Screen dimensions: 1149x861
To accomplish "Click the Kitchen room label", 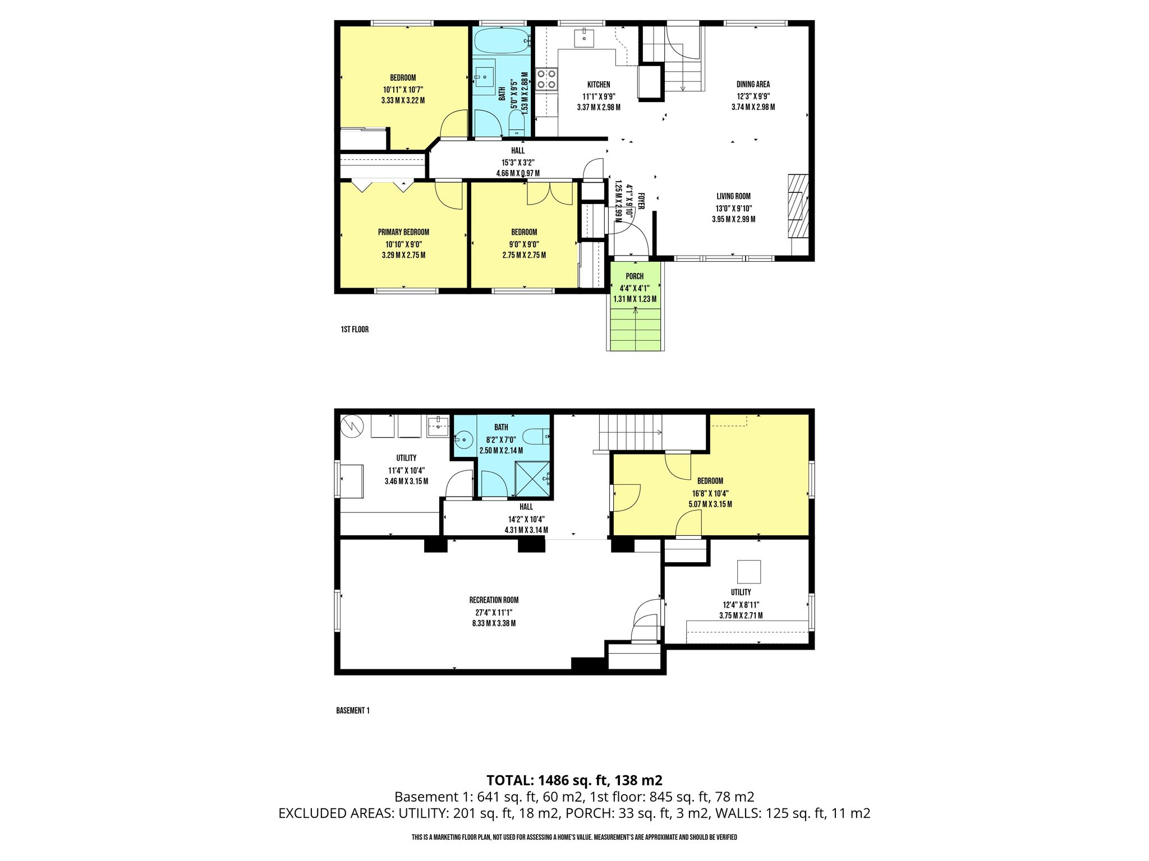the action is [599, 85].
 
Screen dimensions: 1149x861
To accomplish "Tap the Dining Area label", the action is [753, 85].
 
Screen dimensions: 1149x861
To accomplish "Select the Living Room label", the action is [733, 197].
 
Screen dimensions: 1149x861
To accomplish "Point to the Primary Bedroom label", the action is [403, 233].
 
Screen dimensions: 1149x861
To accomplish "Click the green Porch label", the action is [635, 276].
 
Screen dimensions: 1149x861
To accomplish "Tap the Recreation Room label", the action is [494, 600].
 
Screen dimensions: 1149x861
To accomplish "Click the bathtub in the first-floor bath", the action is [502, 41].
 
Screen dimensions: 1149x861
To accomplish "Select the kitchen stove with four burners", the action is [546, 79].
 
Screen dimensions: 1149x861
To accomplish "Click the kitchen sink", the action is [584, 38].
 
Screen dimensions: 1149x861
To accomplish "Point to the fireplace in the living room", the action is [798, 206].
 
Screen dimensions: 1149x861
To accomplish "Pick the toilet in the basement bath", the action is [536, 436].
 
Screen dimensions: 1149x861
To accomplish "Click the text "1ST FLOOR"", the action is [355, 330].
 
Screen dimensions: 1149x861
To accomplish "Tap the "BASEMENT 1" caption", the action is [353, 711].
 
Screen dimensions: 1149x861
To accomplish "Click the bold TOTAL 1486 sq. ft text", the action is [574, 780].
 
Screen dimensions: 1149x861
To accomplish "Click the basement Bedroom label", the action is [710, 481].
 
